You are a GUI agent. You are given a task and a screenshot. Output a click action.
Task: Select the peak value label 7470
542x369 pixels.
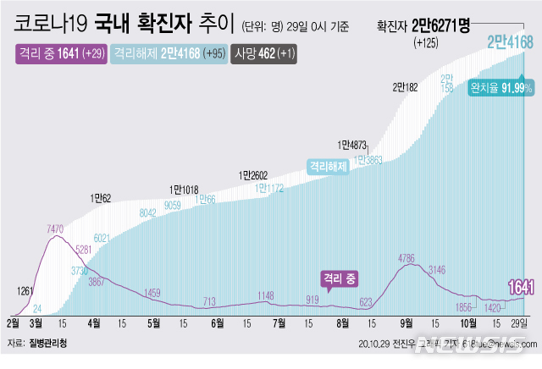pyautogui.click(x=57, y=229)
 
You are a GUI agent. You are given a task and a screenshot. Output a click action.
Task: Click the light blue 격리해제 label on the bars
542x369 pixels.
pyautogui.click(x=329, y=167)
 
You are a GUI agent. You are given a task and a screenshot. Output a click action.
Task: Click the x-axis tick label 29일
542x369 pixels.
pyautogui.click(x=521, y=322)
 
